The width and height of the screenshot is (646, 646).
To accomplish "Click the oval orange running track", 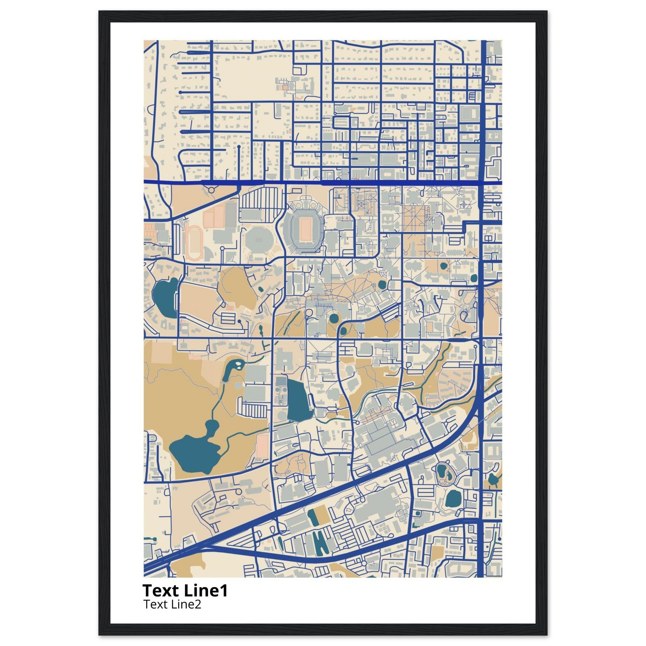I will point(194,243).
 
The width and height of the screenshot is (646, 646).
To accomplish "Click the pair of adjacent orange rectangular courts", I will point(214,217).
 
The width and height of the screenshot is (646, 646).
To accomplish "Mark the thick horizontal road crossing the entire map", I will point(321,183).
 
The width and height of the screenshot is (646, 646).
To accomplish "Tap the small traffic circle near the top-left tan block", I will point(211,190).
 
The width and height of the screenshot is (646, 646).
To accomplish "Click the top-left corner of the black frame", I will point(100,12).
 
